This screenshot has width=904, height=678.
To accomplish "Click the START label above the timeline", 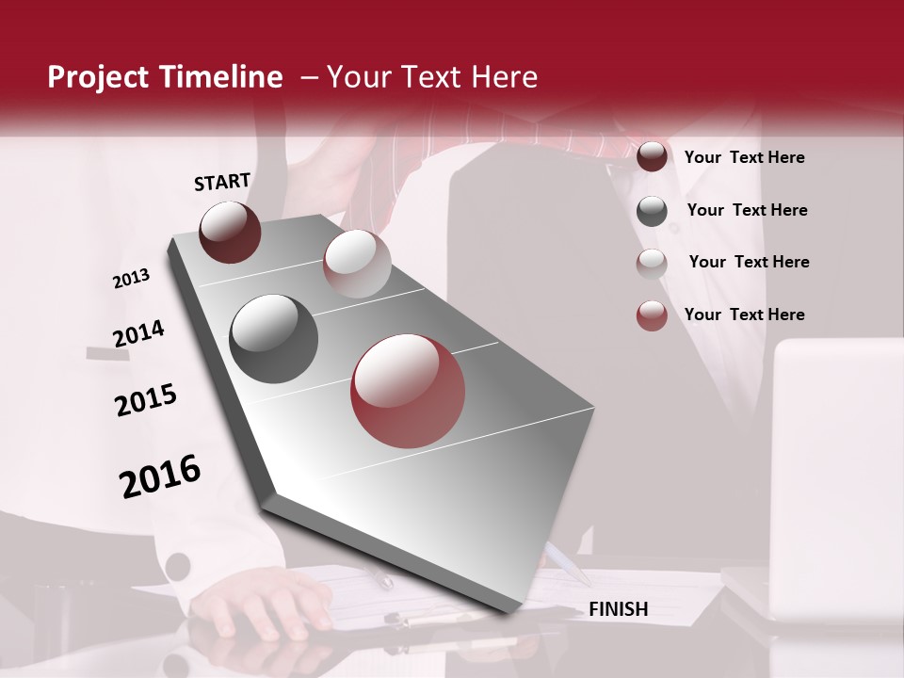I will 222,182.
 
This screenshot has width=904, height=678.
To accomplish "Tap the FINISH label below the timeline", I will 618,609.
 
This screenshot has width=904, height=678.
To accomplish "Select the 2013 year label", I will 131,279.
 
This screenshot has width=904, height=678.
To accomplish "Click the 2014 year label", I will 138,333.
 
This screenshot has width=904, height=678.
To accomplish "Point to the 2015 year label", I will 146,400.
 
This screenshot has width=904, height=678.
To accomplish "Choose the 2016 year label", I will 160,476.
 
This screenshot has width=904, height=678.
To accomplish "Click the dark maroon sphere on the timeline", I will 230,232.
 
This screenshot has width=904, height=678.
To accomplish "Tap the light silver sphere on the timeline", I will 357,264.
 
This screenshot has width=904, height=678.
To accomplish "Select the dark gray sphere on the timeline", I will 274,339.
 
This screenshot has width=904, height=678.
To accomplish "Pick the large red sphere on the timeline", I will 409,391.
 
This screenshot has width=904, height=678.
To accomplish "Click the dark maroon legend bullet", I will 652,157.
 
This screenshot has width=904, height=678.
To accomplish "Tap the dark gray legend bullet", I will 652,211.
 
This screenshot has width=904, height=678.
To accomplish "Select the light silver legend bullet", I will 652,264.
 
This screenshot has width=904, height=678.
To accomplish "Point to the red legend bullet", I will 652,315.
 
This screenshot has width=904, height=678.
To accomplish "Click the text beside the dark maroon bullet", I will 744,157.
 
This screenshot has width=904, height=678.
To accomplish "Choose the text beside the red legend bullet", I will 744,315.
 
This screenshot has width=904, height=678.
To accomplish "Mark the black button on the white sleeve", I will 177,567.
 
